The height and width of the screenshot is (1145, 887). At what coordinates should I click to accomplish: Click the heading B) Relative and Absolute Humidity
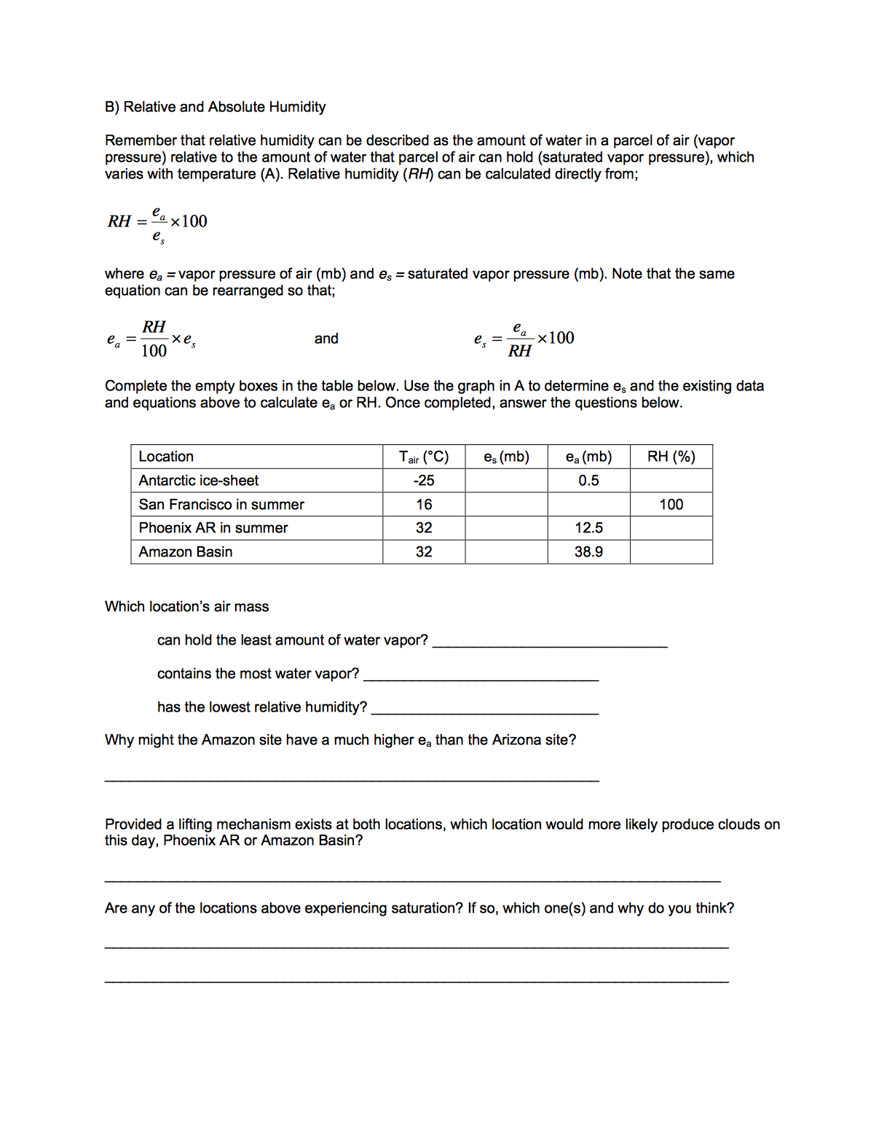coord(215,107)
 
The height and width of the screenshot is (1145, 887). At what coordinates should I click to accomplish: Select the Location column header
coord(166,457)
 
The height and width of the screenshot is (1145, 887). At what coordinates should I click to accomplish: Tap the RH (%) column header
coord(671,457)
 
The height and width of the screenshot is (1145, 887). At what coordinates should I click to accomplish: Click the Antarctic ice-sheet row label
coord(199,481)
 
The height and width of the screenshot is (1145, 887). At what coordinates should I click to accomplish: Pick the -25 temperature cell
coord(424,481)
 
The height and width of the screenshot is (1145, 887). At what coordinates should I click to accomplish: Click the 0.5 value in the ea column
coord(588,481)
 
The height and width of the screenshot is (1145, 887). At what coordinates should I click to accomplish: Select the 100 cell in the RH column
coord(671,504)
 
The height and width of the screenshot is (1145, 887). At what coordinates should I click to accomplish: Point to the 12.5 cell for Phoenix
coord(588,528)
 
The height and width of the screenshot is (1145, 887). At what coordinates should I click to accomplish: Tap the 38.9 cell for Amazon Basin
coord(588,552)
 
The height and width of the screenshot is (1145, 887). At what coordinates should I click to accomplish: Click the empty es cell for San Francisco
coord(506,504)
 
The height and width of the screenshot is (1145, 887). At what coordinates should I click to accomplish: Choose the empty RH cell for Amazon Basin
coord(671,552)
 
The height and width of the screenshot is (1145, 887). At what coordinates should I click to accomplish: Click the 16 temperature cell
coord(424,504)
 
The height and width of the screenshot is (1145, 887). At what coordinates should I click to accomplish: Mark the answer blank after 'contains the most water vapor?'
coord(481,675)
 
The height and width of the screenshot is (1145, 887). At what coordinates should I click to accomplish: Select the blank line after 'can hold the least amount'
coord(550,642)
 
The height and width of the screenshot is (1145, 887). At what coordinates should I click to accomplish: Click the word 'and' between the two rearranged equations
coord(326,339)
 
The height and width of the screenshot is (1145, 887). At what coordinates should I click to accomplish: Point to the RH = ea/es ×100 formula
coord(157,222)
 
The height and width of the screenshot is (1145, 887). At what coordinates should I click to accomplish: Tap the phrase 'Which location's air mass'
coord(186,607)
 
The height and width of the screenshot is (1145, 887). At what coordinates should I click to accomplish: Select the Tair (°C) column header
coord(424,457)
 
